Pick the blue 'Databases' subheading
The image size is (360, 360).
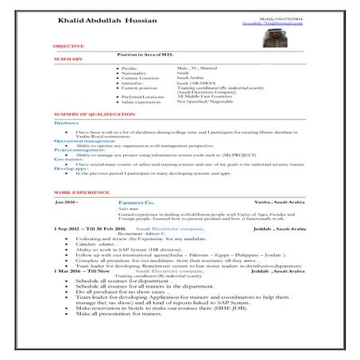tap(67, 124)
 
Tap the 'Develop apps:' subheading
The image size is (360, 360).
tap(71, 167)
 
